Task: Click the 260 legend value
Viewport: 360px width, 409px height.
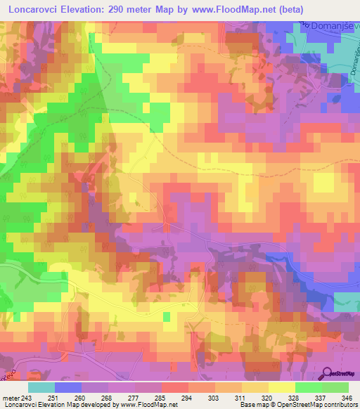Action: tap(88, 397)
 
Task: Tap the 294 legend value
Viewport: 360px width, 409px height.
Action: tap(188, 397)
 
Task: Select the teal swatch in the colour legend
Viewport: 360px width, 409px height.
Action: tap(41, 387)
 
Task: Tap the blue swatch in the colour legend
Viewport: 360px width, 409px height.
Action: tap(68, 387)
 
